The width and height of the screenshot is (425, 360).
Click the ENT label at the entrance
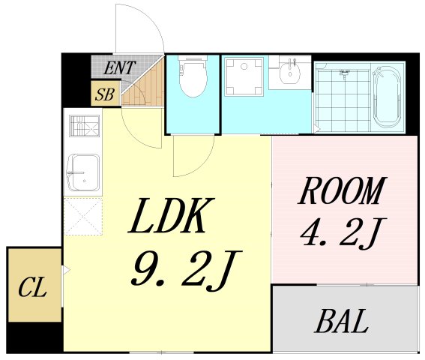coord(119,67)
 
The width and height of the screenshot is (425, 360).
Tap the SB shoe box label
coord(105,94)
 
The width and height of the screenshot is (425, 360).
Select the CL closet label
coord(32,287)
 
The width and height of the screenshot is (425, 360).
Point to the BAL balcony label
coord(342,321)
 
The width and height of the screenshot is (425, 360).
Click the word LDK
coord(172,215)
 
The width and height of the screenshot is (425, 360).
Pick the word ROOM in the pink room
coord(342,190)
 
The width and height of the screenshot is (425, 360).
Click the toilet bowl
coord(193,76)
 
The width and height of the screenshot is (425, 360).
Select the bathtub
coord(387,97)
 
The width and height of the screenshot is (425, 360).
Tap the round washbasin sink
coord(290,71)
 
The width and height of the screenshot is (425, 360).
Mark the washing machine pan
coord(244,76)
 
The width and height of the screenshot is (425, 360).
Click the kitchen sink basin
coord(83,172)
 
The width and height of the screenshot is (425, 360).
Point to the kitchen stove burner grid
coord(84,125)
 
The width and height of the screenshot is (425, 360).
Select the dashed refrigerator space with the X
coord(83,216)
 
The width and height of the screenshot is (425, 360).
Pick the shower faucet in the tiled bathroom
coord(344,73)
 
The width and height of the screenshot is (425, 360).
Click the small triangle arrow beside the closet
coord(66,271)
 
